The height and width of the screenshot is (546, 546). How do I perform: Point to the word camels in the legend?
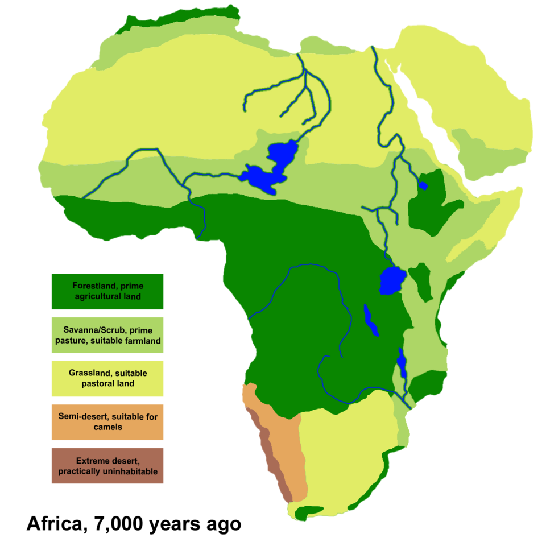pyautogui.click(x=107, y=427)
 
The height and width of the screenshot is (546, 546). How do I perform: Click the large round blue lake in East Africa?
pyautogui.click(x=392, y=280)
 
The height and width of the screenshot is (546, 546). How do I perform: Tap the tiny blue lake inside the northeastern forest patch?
pyautogui.click(x=423, y=185)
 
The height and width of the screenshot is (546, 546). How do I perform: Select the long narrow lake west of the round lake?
pyautogui.click(x=371, y=321)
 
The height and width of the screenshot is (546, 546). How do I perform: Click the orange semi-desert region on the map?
pyautogui.click(x=284, y=444)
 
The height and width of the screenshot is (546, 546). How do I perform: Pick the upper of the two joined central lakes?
pyautogui.click(x=283, y=152)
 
